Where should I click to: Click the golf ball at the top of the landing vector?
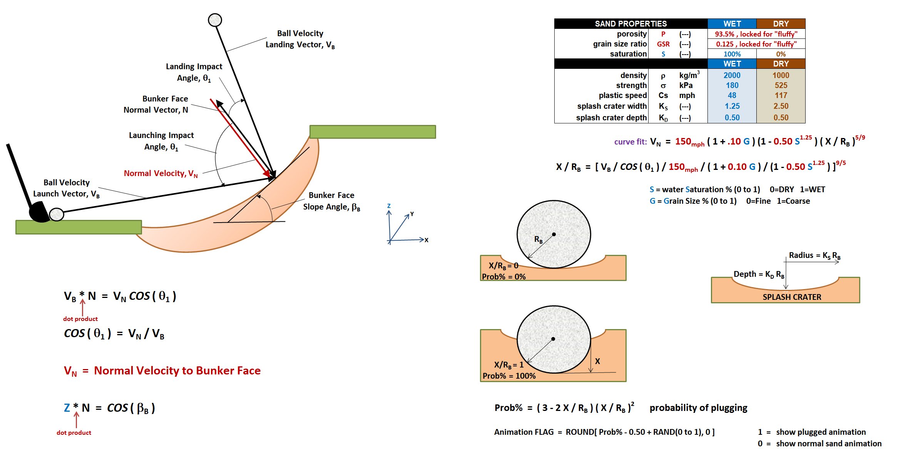click(215, 20)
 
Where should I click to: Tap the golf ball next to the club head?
click(57, 214)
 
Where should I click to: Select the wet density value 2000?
click(732, 75)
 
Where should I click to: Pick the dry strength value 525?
click(781, 85)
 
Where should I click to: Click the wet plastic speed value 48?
click(732, 95)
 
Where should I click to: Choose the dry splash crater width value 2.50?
click(781, 106)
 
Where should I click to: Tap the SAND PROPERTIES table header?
click(630, 24)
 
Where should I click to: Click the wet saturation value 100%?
click(732, 54)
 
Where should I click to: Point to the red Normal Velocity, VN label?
click(161, 173)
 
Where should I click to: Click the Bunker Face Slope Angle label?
click(331, 201)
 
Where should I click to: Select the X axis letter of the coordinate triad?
click(426, 240)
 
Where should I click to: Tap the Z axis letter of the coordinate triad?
click(389, 206)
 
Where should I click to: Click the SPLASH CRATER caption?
click(792, 297)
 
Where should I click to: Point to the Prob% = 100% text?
click(509, 376)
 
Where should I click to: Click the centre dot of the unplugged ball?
click(554, 234)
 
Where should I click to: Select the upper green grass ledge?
click(372, 132)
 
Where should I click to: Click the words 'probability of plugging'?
click(698, 408)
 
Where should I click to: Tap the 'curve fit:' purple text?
click(630, 142)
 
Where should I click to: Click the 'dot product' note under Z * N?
click(74, 432)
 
